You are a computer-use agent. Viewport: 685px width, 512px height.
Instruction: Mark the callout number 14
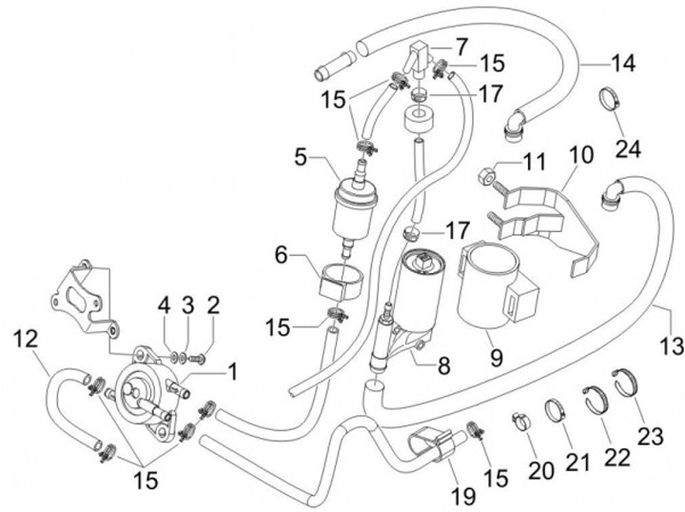pos(622,65)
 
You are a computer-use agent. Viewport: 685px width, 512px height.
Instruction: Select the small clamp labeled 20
pos(521,419)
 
